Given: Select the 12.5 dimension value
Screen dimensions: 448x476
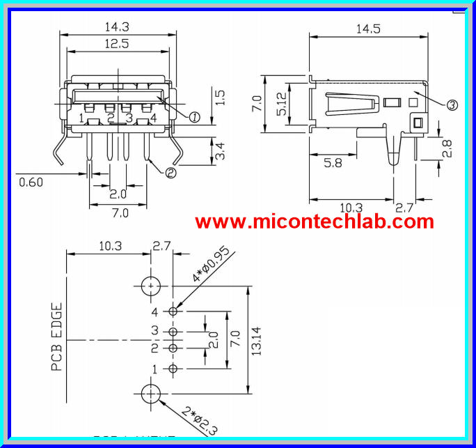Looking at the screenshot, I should click(116, 43).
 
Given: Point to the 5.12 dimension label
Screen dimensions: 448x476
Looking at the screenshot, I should click(279, 105).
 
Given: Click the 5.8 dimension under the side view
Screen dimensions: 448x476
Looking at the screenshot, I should click(333, 163).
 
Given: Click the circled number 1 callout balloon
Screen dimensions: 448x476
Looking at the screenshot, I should click(194, 117).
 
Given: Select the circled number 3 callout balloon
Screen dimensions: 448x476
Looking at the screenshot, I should click(452, 105).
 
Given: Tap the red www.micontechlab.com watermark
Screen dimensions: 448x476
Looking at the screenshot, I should click(314, 222).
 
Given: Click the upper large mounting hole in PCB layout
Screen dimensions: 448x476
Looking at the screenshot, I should click(151, 286).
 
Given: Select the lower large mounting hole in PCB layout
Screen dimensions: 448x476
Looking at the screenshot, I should click(151, 394).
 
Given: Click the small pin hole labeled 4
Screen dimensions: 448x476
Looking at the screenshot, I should click(173, 311).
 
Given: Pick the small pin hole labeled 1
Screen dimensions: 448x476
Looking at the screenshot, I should click(173, 368).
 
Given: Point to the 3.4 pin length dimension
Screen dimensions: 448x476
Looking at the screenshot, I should click(221, 150).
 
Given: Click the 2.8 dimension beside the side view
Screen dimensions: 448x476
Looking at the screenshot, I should click(447, 148).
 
